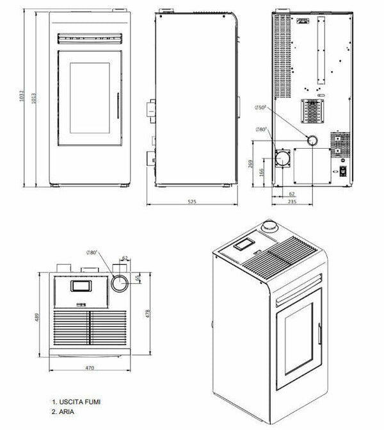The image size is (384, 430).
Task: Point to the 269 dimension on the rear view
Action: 248,163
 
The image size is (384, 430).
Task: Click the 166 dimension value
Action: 261,172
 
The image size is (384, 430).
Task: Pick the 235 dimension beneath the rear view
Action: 292,201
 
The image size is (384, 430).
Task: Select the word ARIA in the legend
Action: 66,409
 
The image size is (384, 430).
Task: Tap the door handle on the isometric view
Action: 319,332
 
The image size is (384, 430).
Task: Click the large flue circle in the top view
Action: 120,282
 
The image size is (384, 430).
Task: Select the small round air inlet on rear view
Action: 312,141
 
